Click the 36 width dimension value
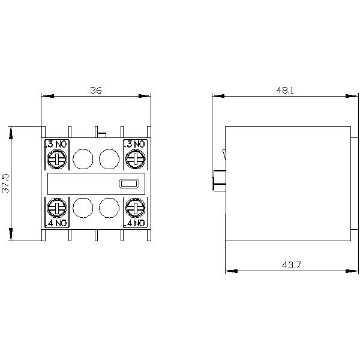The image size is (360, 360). [x=96, y=90]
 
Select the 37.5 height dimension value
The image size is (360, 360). [x=5, y=183]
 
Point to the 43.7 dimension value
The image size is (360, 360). [x=288, y=265]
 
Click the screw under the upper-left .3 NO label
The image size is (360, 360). [x=56, y=159]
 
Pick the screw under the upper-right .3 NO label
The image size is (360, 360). [x=136, y=159]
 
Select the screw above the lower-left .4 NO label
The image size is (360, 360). [x=56, y=208]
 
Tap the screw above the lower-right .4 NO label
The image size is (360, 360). [x=136, y=208]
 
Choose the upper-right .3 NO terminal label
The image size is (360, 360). [x=135, y=144]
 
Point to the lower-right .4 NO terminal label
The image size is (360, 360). [x=135, y=223]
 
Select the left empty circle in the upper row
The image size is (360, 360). [x=82, y=159]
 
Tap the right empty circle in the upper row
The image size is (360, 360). [x=109, y=159]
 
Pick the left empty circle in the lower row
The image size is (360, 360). [x=82, y=208]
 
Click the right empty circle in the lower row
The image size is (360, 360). [x=109, y=208]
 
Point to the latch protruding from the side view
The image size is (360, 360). [x=218, y=179]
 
